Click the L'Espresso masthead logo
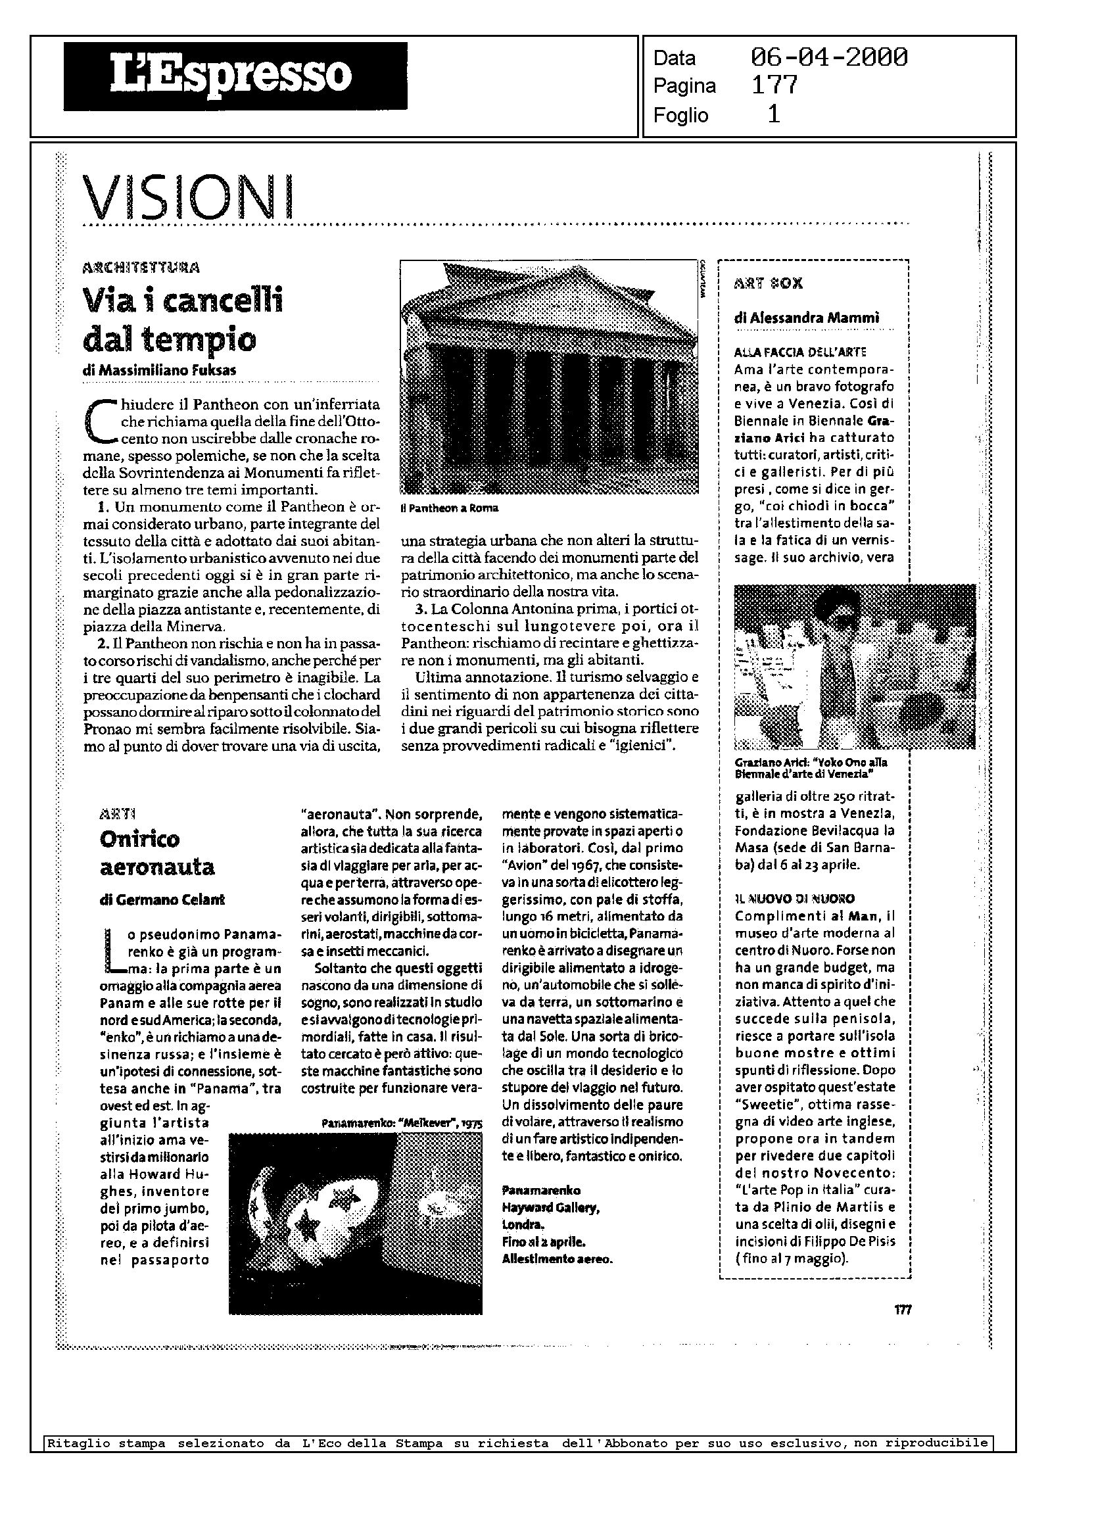coord(235,76)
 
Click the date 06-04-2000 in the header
coord(828,58)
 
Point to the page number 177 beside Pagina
coord(774,85)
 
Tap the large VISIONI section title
coord(189,195)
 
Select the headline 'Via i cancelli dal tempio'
coord(183,319)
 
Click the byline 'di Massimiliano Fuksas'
coord(159,370)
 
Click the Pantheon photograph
coord(549,377)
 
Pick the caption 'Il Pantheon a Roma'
coord(448,508)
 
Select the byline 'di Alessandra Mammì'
coord(806,318)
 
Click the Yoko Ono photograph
coord(854,667)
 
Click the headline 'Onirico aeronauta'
coord(157,852)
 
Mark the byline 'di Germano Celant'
coord(162,899)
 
